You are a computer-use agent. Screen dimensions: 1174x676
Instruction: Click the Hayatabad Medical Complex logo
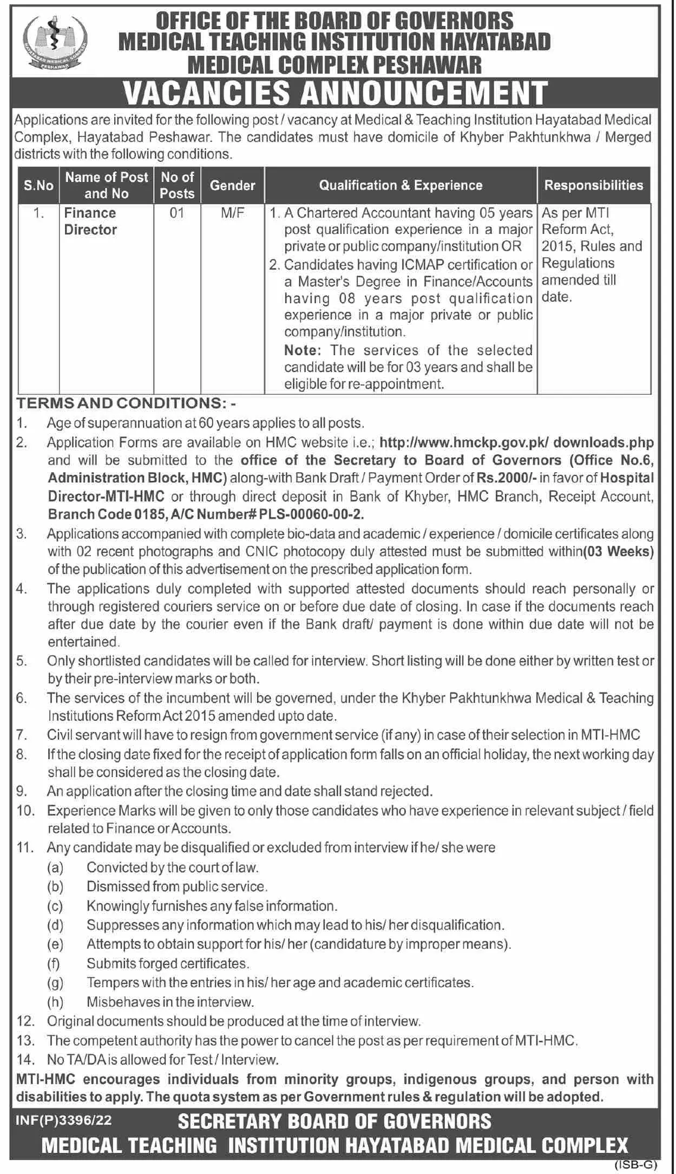pyautogui.click(x=52, y=43)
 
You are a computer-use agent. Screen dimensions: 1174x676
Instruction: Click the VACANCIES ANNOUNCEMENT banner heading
pyautogui.click(x=335, y=93)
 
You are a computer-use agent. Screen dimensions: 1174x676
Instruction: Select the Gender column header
pyautogui.click(x=232, y=185)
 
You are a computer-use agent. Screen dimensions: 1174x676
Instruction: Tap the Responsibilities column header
pyautogui.click(x=594, y=185)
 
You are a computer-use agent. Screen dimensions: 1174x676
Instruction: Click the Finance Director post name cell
pyautogui.click(x=90, y=221)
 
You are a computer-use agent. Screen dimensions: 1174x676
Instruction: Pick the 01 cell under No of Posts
pyautogui.click(x=177, y=213)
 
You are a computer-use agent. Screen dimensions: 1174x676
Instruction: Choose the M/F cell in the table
pyautogui.click(x=232, y=213)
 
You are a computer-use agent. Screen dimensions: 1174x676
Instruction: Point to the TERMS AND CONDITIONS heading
pyautogui.click(x=126, y=403)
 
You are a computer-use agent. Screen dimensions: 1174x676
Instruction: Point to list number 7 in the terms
pyautogui.click(x=22, y=735)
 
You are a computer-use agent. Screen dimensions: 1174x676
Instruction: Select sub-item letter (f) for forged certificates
pyautogui.click(x=55, y=963)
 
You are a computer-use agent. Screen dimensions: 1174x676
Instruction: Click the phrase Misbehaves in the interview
pyautogui.click(x=170, y=1002)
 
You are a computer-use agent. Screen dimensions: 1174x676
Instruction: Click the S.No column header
pyautogui.click(x=38, y=185)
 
